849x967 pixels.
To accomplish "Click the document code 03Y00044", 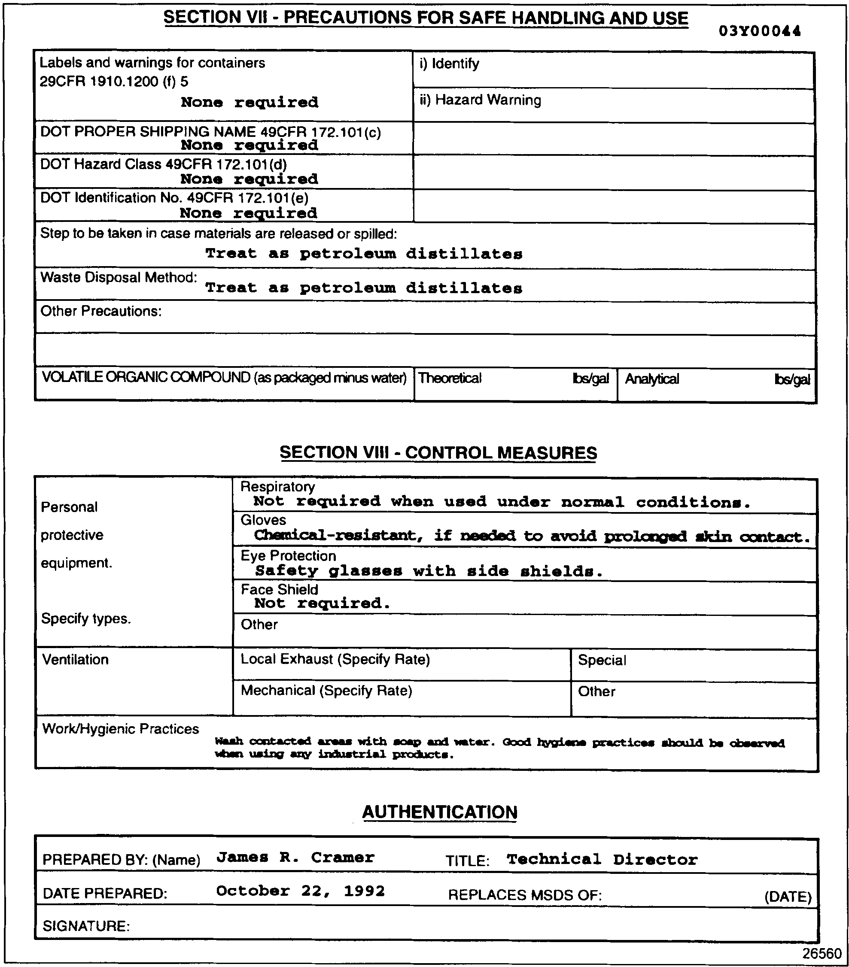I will click(759, 31).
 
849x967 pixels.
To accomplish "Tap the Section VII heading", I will click(426, 18).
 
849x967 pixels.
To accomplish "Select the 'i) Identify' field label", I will click(449, 64).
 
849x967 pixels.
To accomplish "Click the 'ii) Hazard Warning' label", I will click(481, 100).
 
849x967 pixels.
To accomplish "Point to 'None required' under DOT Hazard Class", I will click(249, 179).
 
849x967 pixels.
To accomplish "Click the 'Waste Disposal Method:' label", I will click(119, 277).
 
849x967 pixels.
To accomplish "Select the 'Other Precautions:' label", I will click(101, 311).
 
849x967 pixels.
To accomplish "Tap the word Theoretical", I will click(450, 378).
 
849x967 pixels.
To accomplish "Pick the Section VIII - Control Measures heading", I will click(438, 453).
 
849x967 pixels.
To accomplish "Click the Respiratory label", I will click(277, 486).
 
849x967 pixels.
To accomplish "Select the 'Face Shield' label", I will click(279, 589).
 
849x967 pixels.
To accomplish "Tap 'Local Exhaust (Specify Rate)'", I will click(335, 660).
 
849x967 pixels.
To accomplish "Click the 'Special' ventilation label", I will click(602, 661).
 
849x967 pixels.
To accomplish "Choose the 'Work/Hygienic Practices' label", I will click(121, 729).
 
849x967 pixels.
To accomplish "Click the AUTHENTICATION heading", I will click(440, 812).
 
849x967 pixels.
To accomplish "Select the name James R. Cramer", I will click(295, 857).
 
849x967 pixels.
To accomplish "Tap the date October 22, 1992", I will click(301, 891).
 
